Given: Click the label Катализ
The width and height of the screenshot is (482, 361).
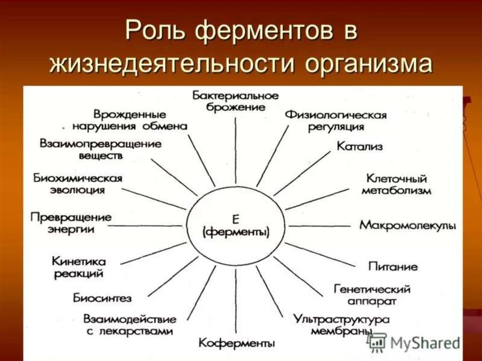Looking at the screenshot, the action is [360, 146].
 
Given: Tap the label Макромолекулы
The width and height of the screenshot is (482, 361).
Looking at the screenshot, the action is [408, 225].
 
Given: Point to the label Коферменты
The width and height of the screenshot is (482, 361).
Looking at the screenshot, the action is [236, 342].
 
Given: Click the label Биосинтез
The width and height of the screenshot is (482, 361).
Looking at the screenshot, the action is [102, 298].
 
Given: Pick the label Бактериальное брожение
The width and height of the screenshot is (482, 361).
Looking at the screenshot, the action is [235, 101].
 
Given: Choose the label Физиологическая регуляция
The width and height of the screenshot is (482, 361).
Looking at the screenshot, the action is [336, 121].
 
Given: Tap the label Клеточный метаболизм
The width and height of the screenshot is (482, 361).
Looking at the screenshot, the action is [396, 185].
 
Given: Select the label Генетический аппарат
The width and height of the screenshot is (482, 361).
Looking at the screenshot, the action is [372, 294].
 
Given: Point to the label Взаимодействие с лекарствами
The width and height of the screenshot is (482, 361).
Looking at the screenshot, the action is [130, 325].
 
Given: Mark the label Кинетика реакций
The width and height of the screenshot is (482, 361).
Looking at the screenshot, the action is [79, 267].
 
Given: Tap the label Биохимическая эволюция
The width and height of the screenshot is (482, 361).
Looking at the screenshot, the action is [78, 184].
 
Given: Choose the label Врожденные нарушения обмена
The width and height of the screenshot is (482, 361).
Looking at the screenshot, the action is [130, 120].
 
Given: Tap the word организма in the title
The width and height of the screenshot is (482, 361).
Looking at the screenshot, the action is [369, 64].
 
